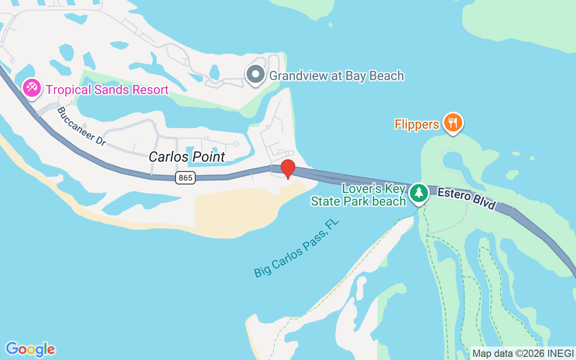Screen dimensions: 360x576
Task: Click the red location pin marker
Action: tap(288, 169)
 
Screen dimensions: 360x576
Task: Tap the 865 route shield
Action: tap(185, 178)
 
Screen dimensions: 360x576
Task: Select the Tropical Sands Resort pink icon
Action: tap(32, 87)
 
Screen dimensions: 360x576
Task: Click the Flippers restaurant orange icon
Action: tap(453, 122)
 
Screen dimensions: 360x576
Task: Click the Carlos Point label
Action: tap(187, 157)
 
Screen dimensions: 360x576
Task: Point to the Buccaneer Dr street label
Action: tap(81, 126)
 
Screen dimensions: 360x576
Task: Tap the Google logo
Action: tap(30, 349)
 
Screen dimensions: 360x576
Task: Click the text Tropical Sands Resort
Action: tap(107, 90)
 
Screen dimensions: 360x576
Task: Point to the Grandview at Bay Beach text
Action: tap(337, 76)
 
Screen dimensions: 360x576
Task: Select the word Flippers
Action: tap(417, 124)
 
